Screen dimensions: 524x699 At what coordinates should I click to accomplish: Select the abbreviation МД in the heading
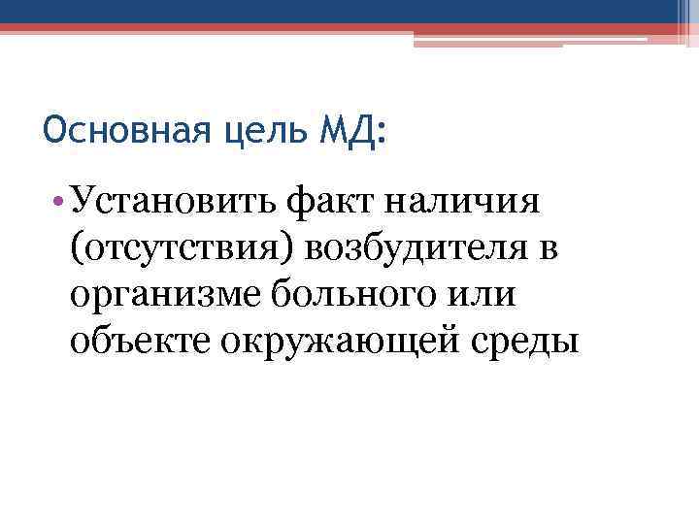coord(341,128)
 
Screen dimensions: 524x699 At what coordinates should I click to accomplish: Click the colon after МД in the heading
coord(378,132)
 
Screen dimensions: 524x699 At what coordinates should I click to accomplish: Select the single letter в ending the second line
coord(548,250)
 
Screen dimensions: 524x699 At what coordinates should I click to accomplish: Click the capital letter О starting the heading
coord(55,128)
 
